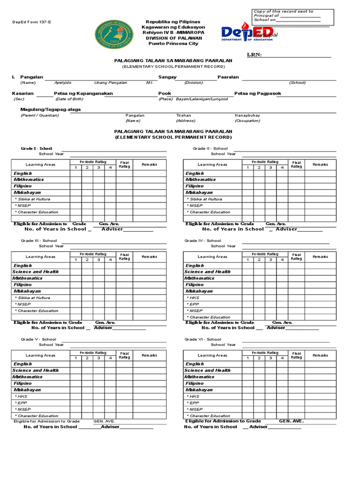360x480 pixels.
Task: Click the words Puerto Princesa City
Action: [x=173, y=44]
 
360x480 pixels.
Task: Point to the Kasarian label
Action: [x=22, y=93]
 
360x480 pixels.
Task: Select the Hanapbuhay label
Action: [x=247, y=115]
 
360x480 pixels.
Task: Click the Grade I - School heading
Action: [x=37, y=148]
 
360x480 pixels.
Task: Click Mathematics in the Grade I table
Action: [x=29, y=180]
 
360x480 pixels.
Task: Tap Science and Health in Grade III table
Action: [x=36, y=271]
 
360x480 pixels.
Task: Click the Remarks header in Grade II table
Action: [x=321, y=165]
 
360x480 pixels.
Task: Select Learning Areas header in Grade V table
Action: [x=40, y=355]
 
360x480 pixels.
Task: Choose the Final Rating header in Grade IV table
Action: [x=297, y=256]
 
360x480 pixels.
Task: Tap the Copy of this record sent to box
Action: [x=293, y=16]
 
